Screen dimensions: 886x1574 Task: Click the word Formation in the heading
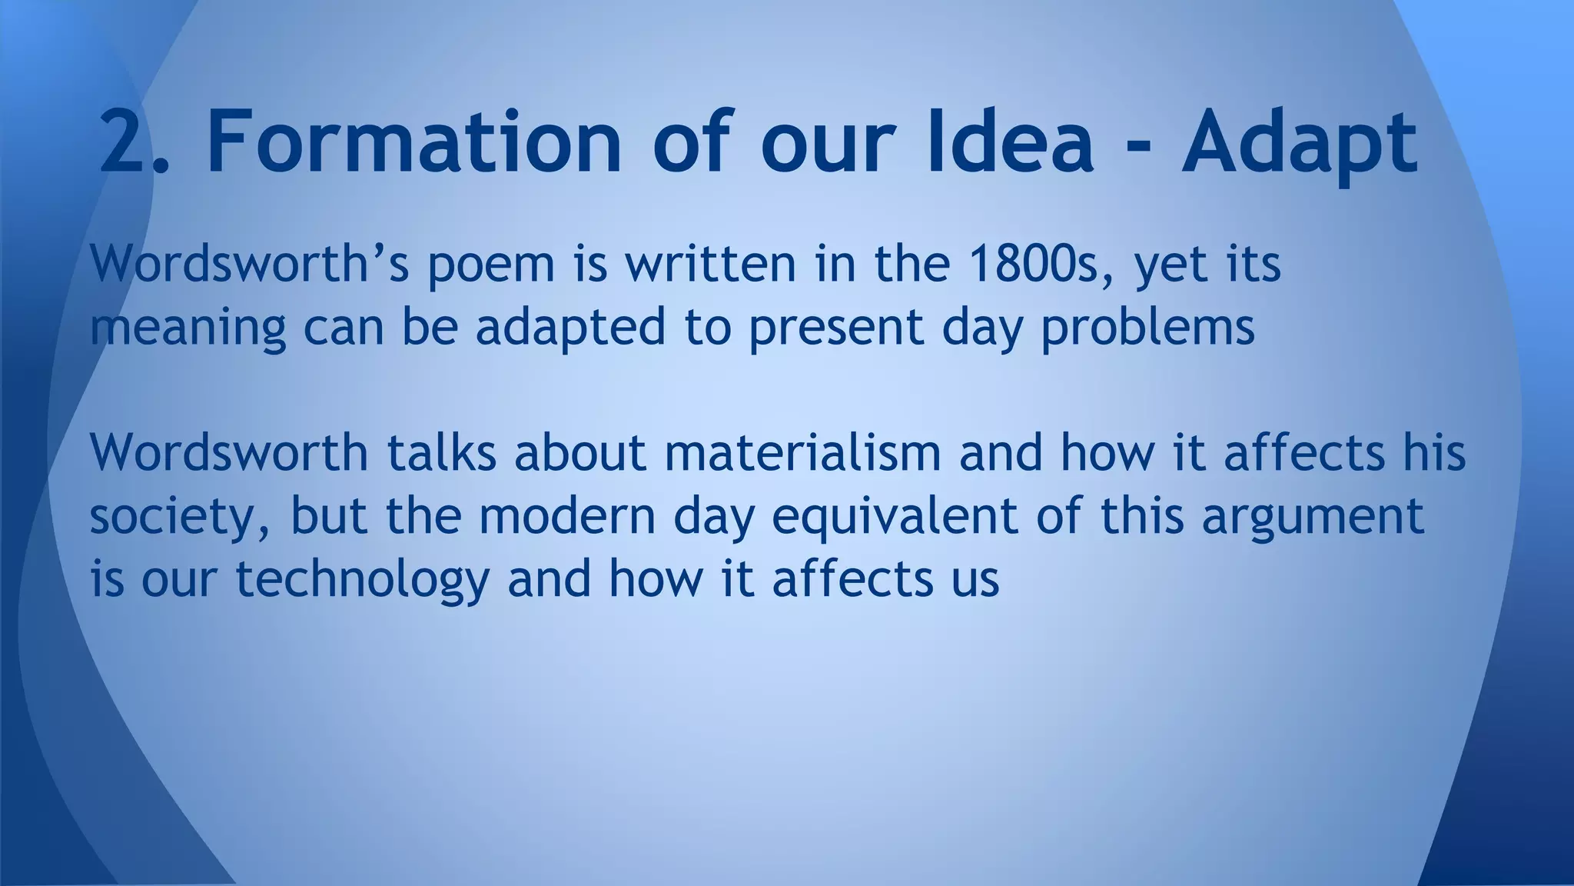[x=413, y=143]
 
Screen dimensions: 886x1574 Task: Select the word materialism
[x=802, y=453]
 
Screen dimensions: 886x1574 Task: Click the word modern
[x=567, y=517]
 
